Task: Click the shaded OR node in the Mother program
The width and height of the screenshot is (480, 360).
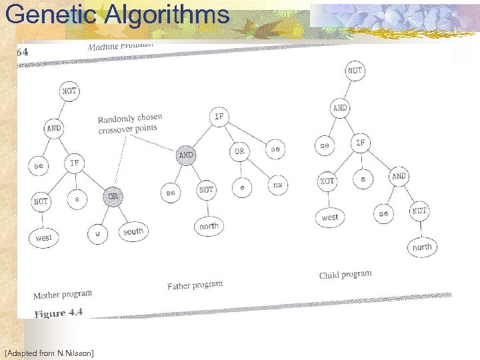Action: [x=113, y=197]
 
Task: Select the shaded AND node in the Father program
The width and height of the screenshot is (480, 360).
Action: [x=186, y=155]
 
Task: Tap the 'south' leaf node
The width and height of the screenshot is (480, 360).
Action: [x=133, y=231]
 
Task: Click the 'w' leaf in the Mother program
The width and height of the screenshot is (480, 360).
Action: [x=97, y=234]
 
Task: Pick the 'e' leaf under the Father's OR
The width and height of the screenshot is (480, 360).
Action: [x=242, y=188]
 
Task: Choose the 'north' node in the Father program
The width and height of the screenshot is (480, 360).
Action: [x=209, y=226]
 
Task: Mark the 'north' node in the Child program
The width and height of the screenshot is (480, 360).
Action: [x=421, y=247]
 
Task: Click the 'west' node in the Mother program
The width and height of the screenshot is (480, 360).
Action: [x=43, y=237]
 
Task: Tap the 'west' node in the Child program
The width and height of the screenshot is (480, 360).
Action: [x=329, y=217]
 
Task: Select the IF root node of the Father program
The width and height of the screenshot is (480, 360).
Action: [x=219, y=116]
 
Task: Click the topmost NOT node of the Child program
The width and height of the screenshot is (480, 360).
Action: [x=355, y=70]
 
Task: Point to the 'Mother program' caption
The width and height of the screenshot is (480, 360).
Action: [x=63, y=294]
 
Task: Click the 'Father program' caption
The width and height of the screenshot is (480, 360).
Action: [x=195, y=285]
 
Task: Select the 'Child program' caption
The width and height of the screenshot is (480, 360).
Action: [x=345, y=274]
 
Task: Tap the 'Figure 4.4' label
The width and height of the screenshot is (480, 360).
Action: [x=59, y=313]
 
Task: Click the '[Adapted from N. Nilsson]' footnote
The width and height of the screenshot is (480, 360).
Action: [x=49, y=351]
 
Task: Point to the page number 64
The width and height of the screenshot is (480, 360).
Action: [x=22, y=51]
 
